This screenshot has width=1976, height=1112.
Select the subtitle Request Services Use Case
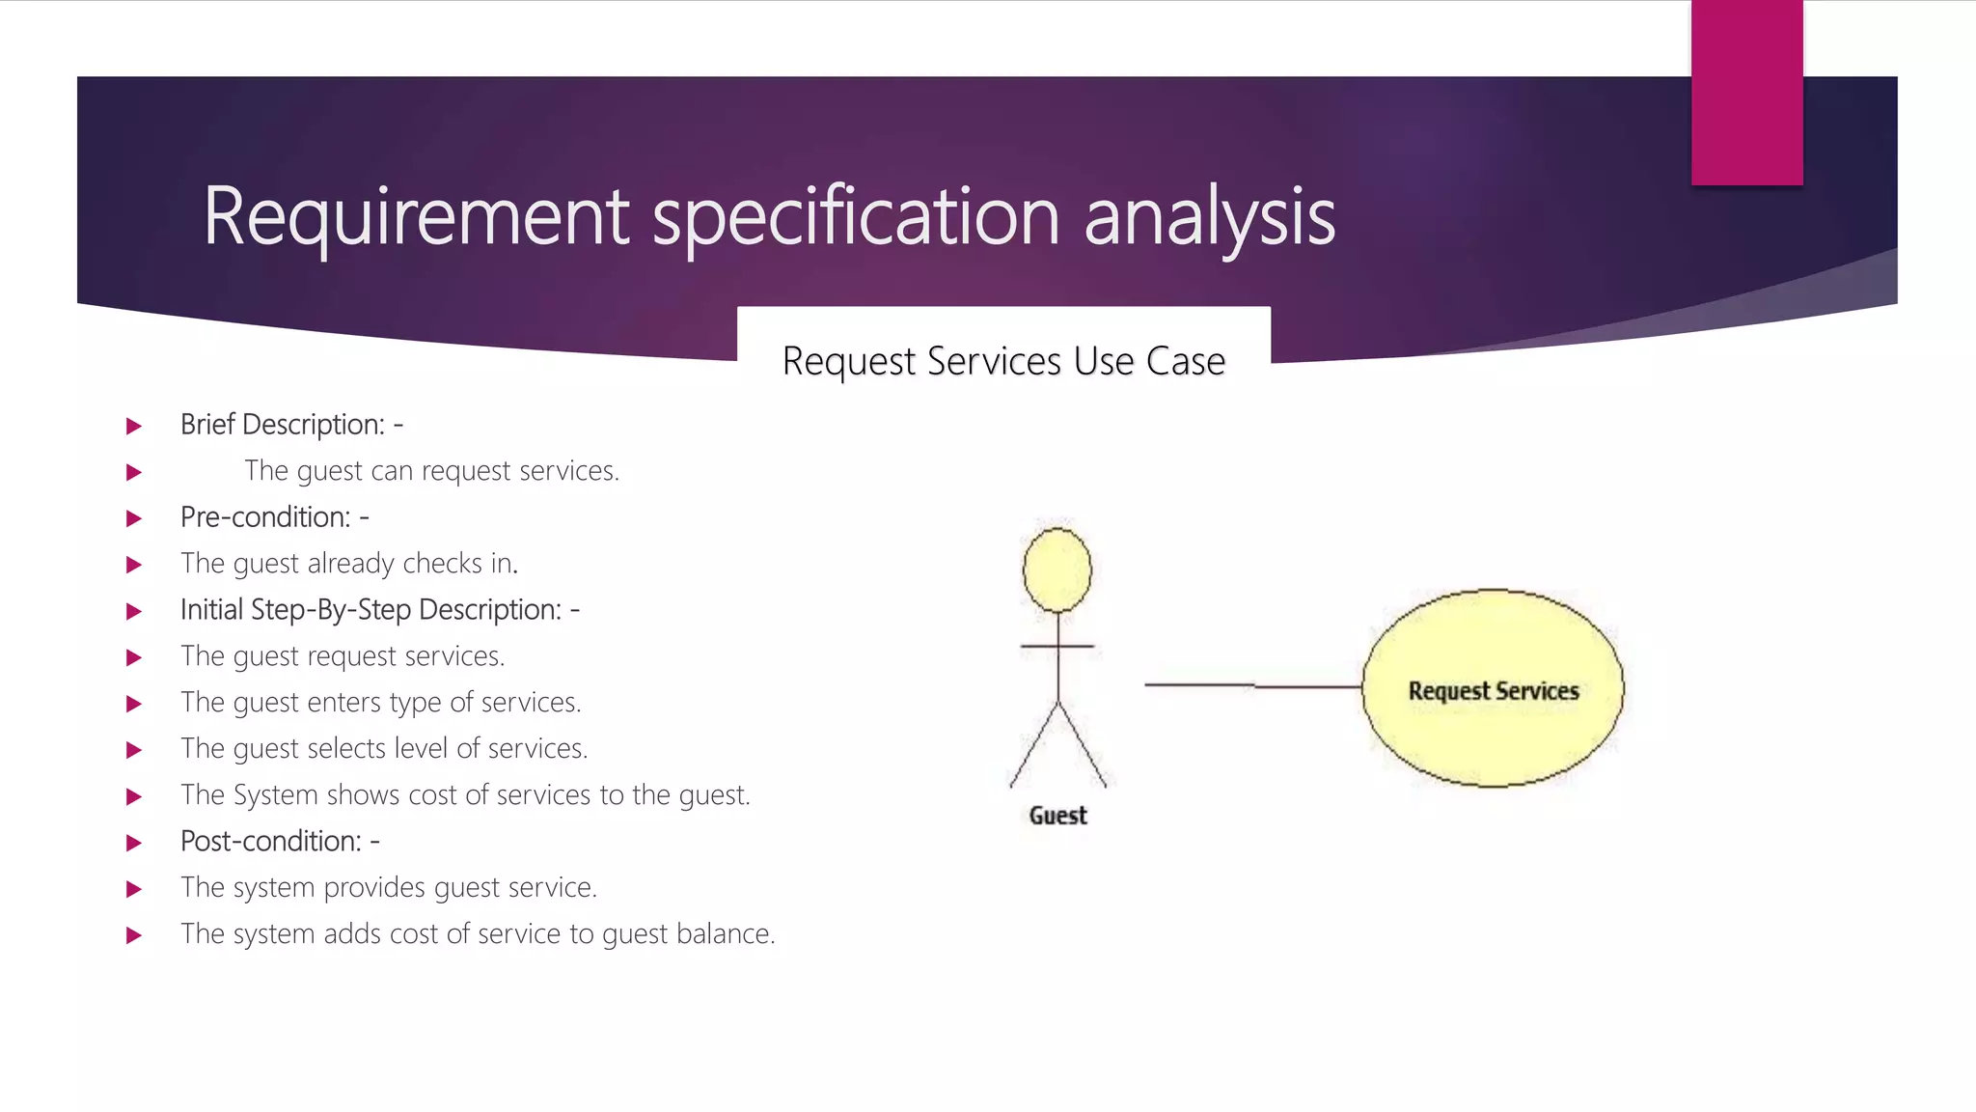(1003, 361)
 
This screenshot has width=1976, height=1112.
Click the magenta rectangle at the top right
(1746, 93)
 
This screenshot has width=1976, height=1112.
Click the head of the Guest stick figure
(1057, 570)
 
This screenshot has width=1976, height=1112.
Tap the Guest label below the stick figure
(1057, 816)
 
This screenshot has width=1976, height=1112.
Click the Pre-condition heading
(274, 517)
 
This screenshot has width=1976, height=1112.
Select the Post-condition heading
(280, 842)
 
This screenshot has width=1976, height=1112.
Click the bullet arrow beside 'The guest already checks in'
(134, 565)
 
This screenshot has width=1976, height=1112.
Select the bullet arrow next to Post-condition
(134, 843)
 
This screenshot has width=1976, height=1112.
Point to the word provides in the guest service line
(374, 888)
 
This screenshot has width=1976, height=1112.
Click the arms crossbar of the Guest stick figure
(1057, 646)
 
